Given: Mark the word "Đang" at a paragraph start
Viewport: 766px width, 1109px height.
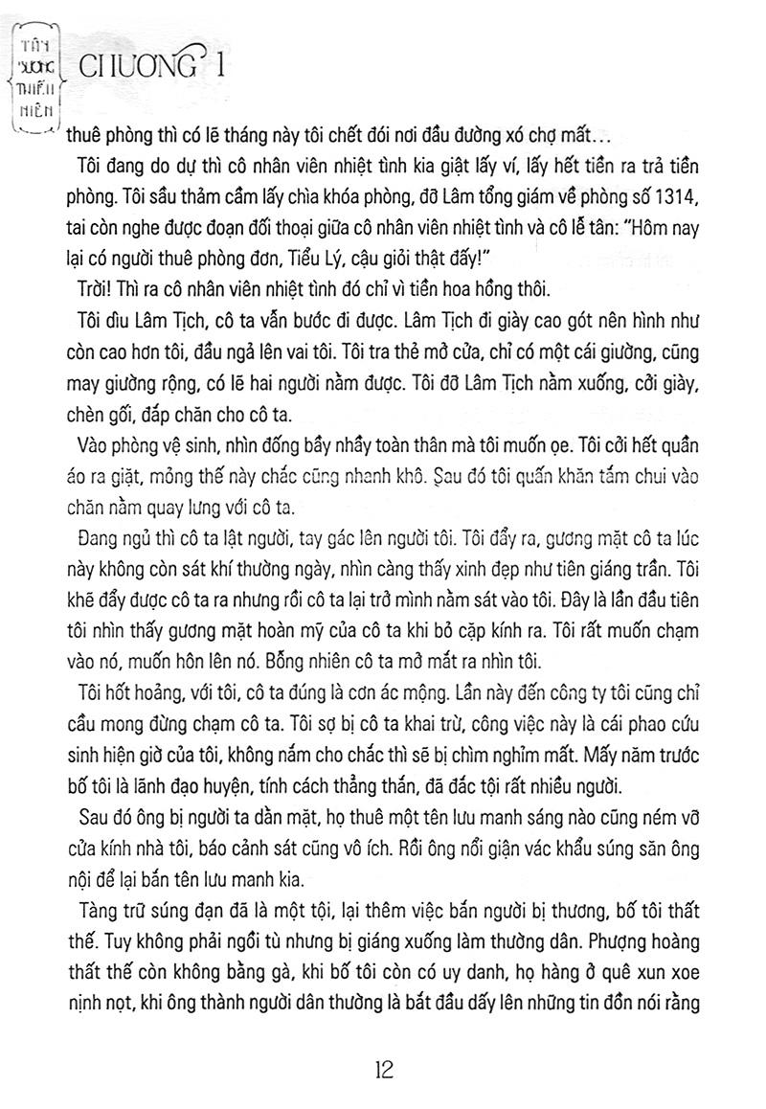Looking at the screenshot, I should [x=94, y=533].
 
